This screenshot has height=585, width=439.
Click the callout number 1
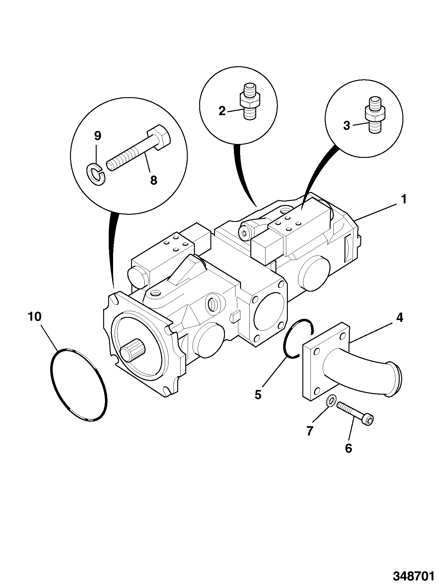point(403,199)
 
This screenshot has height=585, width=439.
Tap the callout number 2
point(222,111)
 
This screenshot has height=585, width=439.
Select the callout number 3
point(347,126)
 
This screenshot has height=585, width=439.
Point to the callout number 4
point(400,318)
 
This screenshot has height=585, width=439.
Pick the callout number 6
point(349,448)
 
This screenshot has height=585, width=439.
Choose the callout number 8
point(154,180)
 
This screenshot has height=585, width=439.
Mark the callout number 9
point(97,136)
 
